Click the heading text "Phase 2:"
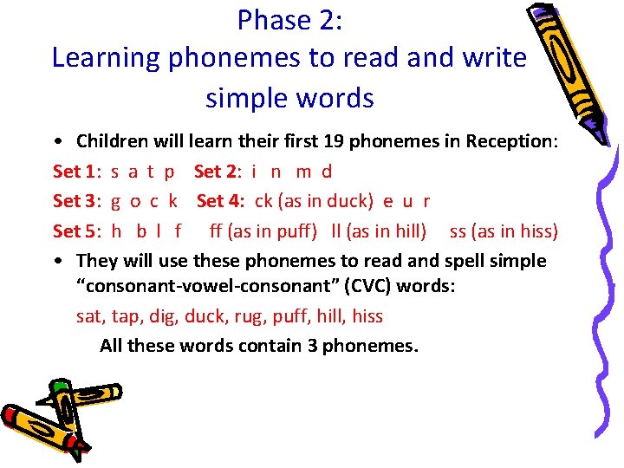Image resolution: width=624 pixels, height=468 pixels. tap(290, 19)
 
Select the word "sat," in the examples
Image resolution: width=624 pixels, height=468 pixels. tap(91, 316)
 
